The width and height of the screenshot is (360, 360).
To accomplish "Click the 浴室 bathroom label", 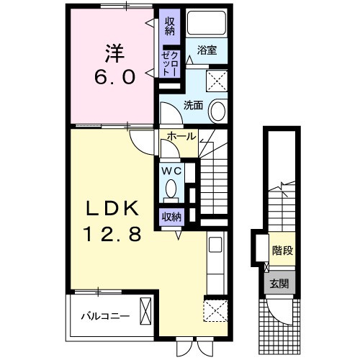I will coord(208,50).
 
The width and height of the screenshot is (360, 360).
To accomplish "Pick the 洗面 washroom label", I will coord(193,105).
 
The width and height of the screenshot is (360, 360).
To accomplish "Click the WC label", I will coord(171,171).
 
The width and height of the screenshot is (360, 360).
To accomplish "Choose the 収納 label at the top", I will coord(171,26).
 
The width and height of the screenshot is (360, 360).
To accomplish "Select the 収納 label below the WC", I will coord(171,215).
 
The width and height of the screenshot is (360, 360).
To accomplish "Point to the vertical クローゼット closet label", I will coord(170,60).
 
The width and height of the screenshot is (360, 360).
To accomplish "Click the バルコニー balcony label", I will coord(104,315).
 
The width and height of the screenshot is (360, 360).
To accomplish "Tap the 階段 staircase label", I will coord(281,251).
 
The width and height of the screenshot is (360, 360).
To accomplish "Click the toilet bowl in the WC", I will coord(171,189).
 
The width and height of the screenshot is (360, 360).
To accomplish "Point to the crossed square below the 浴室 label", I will coord(216,78).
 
